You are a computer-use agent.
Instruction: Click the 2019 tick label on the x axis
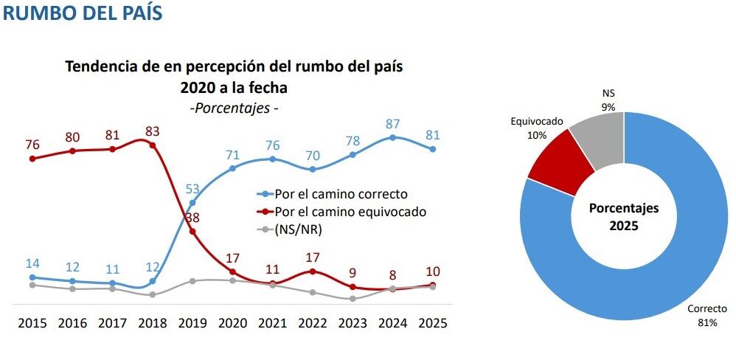pos(192,322)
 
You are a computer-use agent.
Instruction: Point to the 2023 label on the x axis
pos(353,322)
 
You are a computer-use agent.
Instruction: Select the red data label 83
pos(151,131)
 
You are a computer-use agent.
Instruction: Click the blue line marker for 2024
pos(392,137)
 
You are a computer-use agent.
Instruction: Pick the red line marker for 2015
pos(32,158)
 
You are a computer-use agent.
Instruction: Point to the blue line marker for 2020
pos(232,168)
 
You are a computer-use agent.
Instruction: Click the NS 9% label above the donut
pos(608,100)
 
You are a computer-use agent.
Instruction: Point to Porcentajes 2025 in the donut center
pos(624,216)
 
